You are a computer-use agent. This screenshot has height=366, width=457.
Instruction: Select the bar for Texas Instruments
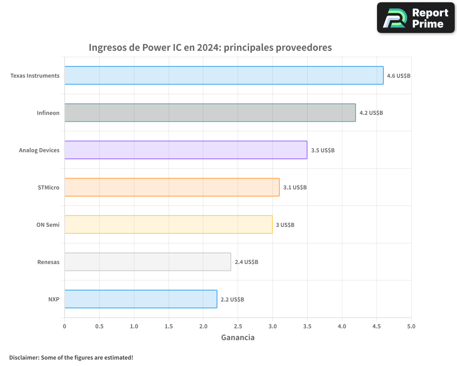(x=224, y=75)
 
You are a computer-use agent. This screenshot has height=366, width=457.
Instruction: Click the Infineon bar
(x=210, y=113)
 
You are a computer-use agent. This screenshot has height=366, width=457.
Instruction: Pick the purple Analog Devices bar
(x=186, y=150)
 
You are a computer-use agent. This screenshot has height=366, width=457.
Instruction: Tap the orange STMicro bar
(x=172, y=187)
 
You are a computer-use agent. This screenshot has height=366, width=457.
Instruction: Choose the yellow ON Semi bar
(x=168, y=224)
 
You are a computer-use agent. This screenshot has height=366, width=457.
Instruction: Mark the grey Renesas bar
(x=148, y=262)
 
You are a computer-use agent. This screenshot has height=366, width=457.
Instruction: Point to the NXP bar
(x=141, y=299)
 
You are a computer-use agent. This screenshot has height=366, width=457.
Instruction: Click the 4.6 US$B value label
(x=399, y=75)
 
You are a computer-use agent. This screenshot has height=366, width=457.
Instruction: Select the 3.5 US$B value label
(x=323, y=150)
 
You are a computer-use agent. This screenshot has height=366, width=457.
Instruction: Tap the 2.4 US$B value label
(x=246, y=262)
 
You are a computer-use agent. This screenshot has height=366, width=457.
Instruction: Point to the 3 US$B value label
(x=285, y=225)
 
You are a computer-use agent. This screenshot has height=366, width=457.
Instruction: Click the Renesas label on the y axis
(x=48, y=262)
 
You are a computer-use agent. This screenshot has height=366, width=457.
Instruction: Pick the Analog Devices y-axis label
(x=39, y=150)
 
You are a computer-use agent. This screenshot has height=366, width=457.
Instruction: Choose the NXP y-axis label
(x=54, y=299)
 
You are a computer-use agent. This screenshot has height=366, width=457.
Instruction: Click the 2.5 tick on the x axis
(x=238, y=326)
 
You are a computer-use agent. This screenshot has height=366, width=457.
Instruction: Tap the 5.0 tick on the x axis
(x=411, y=326)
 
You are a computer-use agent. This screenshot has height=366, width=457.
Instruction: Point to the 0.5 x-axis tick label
(x=99, y=326)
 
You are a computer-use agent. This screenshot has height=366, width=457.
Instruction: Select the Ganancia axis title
(x=238, y=338)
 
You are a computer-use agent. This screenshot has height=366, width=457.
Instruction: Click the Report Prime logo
(x=416, y=18)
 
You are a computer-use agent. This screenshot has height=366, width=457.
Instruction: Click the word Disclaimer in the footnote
(x=23, y=357)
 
